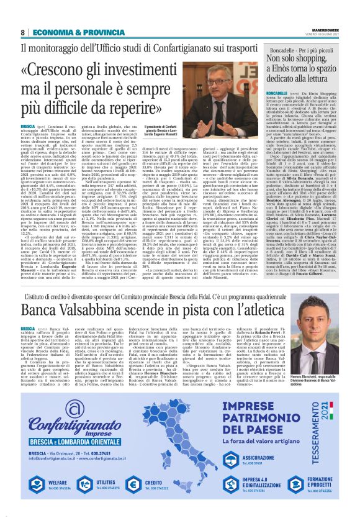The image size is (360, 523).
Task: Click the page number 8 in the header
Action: click(x=22, y=32)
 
